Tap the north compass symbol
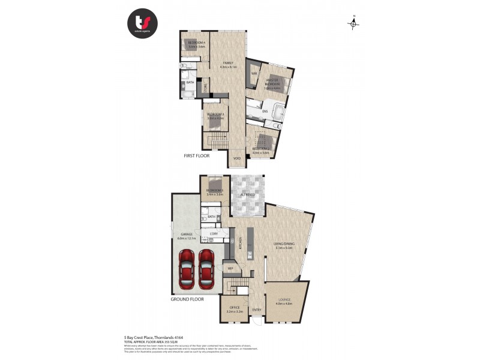click(x=354, y=23)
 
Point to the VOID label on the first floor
click(x=236, y=158)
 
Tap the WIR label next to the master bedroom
click(x=254, y=74)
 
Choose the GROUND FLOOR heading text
click(x=188, y=298)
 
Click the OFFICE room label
click(x=235, y=307)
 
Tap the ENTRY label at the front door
click(x=257, y=310)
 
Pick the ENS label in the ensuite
click(x=265, y=111)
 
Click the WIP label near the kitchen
click(x=230, y=268)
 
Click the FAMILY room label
click(x=228, y=62)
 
